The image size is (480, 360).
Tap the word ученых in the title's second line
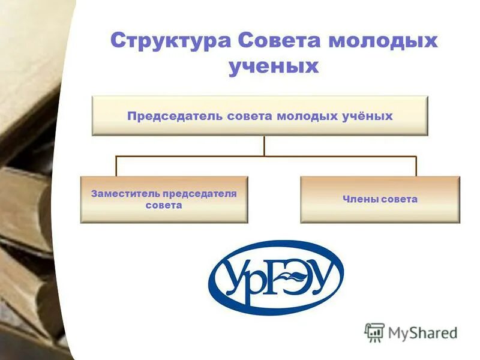[x=273, y=66]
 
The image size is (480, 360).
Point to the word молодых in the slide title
[x=382, y=41]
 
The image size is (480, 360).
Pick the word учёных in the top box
[x=368, y=116]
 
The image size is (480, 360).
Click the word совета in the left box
[x=163, y=205]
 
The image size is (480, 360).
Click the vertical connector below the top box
[x=263, y=146]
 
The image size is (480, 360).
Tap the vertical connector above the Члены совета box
[x=416, y=166]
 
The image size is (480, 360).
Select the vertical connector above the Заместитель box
[x=116, y=166]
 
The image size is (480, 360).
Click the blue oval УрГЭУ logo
[x=275, y=277]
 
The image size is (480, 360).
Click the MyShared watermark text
[x=422, y=332]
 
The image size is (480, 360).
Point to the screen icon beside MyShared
[x=374, y=332]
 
